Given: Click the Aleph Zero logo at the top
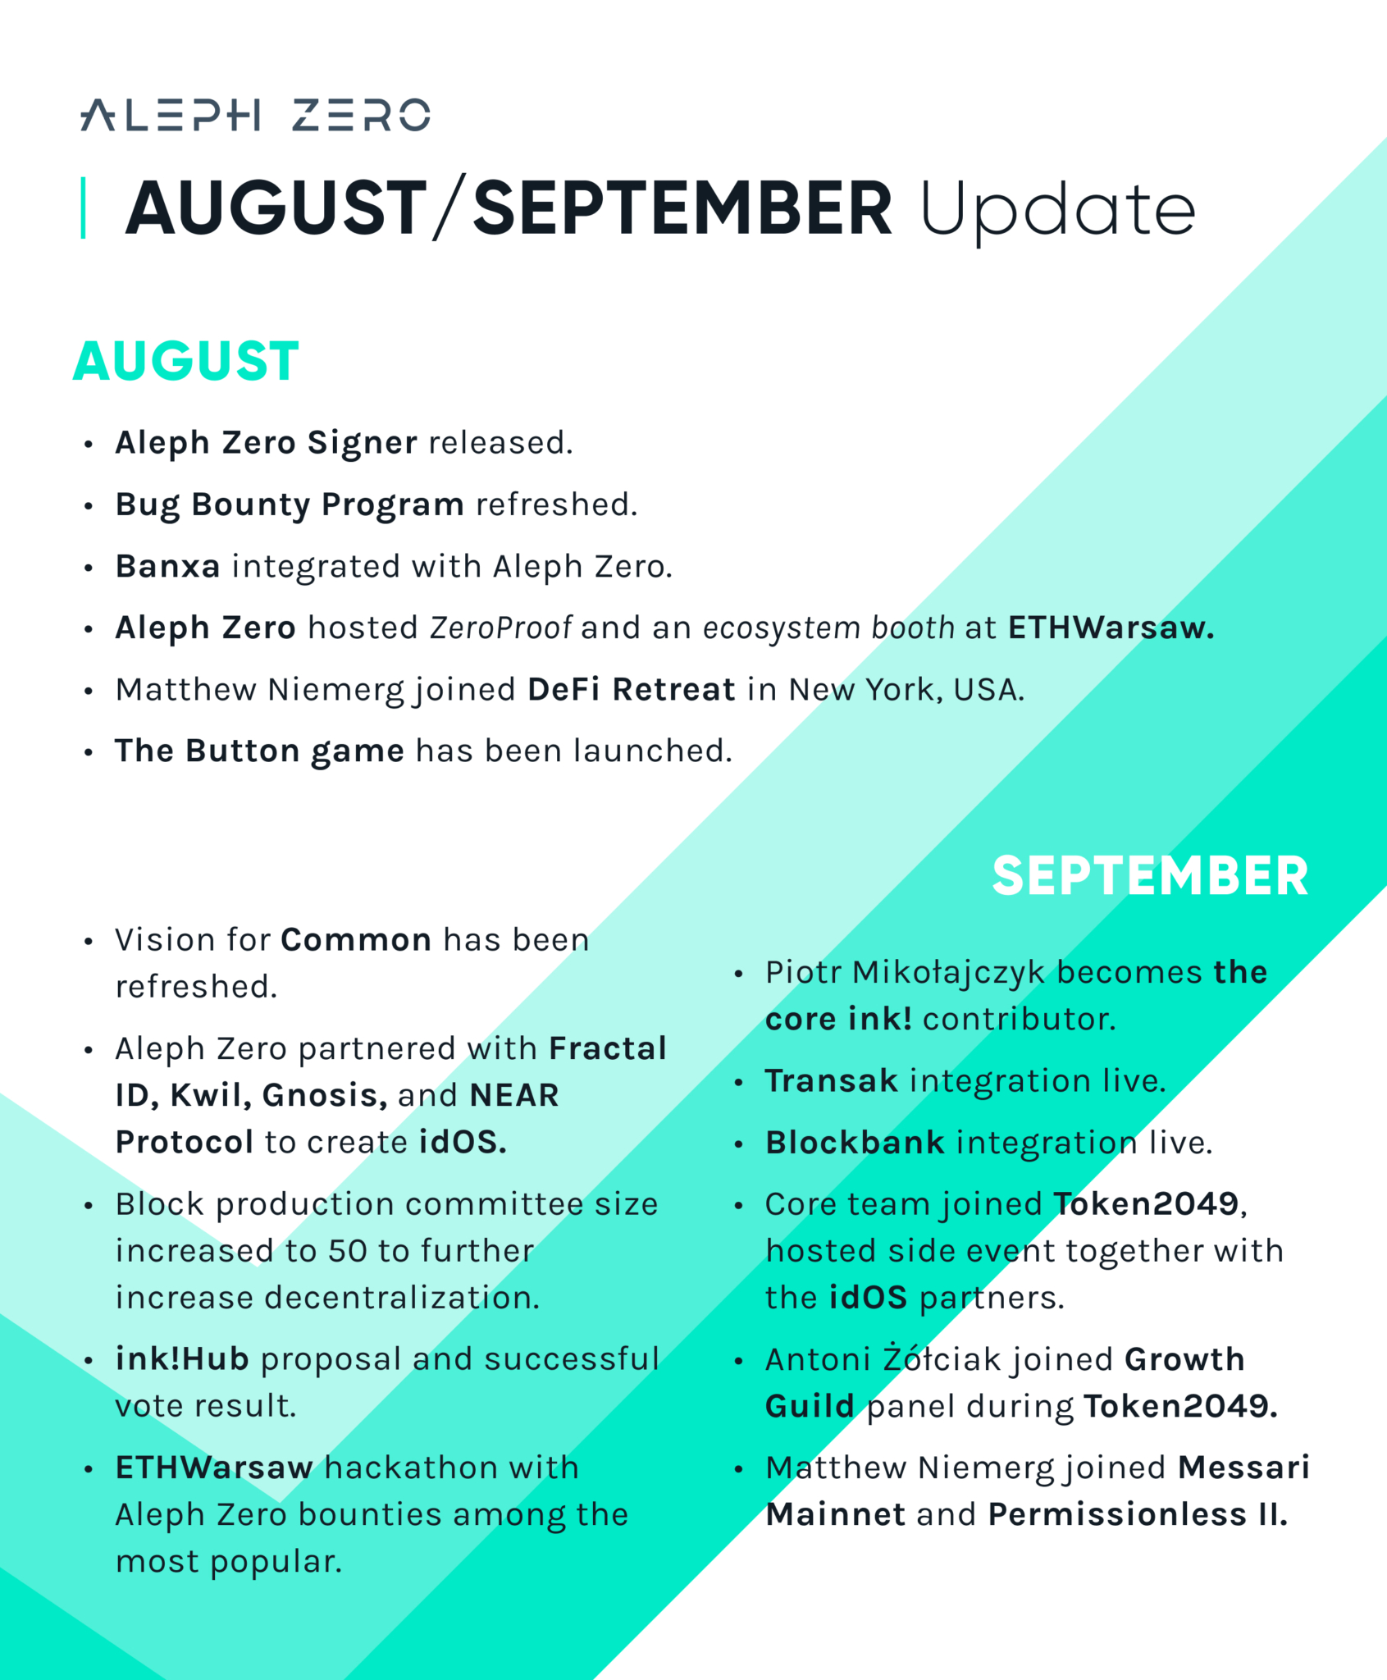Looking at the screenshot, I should (255, 115).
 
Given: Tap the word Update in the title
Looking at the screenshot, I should (1057, 210).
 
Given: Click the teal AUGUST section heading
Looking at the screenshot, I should (186, 361).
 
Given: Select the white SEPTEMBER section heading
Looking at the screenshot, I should (1150, 875).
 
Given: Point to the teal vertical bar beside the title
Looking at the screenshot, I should (83, 208).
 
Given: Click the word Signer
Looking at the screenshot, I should (362, 443).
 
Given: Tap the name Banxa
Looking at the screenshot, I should (167, 566).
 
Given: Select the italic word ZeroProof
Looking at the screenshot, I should (500, 628).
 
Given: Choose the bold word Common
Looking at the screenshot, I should (356, 939).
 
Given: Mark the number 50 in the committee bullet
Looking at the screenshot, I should (347, 1251).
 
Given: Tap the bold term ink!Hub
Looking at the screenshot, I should (182, 1359).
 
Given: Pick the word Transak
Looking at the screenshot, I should (832, 1080).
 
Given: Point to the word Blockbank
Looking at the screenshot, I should (855, 1143).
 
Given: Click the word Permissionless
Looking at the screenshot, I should (1117, 1514).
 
